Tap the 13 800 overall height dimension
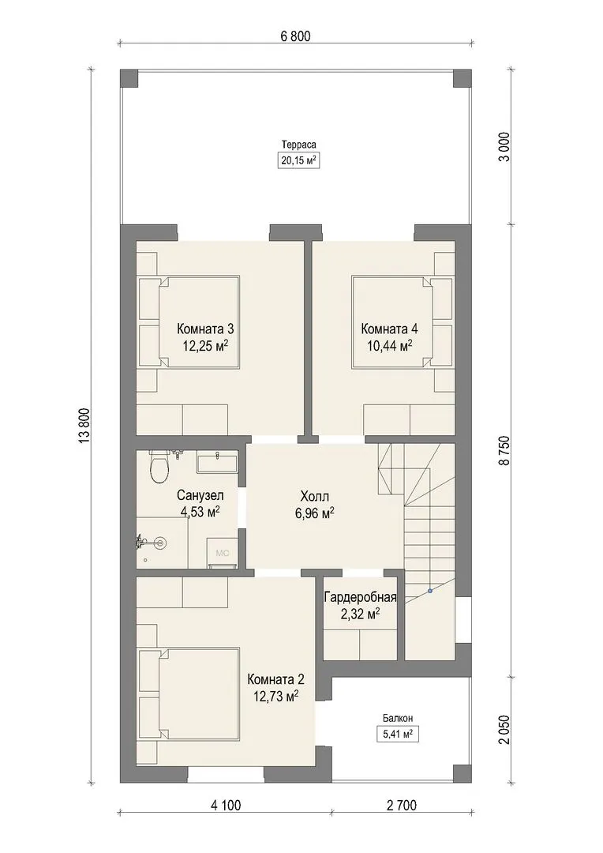[x=84, y=426]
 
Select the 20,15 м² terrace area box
[x=298, y=160]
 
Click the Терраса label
[x=298, y=145]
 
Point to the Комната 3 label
[x=205, y=329]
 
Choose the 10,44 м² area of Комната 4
[x=389, y=346]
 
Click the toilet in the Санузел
[x=160, y=468]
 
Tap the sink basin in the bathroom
[x=216, y=463]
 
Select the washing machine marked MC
[x=222, y=553]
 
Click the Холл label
[x=314, y=496]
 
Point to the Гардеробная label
[x=360, y=597]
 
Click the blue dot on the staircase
[x=429, y=590]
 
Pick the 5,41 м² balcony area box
[x=398, y=734]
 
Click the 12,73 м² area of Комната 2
[x=275, y=697]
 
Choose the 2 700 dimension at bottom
[x=401, y=805]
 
